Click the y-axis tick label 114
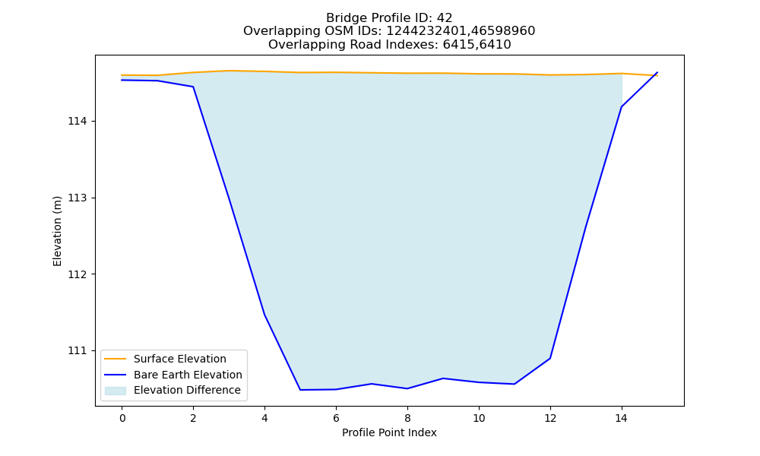tap(78, 121)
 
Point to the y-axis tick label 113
tap(78, 198)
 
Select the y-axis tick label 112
tap(78, 274)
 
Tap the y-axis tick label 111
tap(78, 350)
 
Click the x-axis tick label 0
tap(122, 418)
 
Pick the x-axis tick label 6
tap(336, 418)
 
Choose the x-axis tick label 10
tap(479, 418)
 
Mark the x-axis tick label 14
tap(622, 418)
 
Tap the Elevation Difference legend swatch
tap(116, 391)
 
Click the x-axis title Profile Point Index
tap(389, 432)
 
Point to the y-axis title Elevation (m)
tap(57, 231)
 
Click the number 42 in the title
tap(445, 18)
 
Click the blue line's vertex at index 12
tap(550, 358)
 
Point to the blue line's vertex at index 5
tap(300, 390)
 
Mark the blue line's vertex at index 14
tap(622, 106)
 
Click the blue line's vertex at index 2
tap(193, 87)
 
